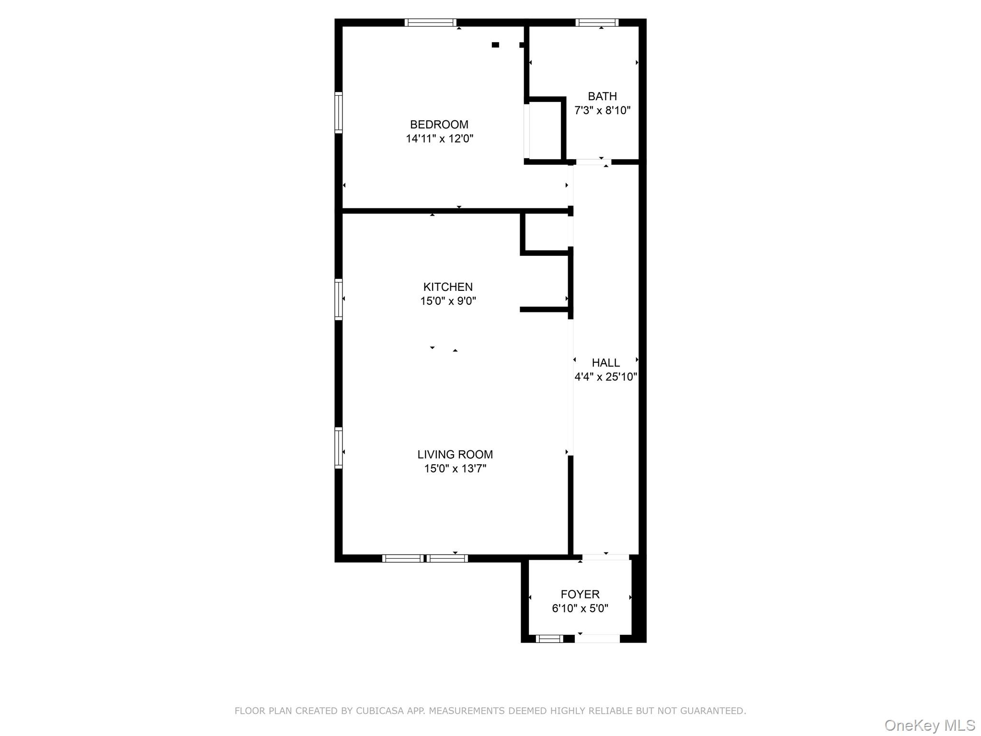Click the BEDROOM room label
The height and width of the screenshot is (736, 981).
439,125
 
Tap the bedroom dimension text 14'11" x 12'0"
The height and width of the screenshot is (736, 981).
439,139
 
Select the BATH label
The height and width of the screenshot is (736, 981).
602,96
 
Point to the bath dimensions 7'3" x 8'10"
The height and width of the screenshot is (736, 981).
602,111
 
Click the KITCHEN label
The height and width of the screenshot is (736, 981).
447,287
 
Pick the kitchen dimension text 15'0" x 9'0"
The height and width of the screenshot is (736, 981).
448,301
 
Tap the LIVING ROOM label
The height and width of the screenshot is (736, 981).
455,454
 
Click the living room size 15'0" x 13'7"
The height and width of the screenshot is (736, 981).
455,469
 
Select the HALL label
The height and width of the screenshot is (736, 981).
605,363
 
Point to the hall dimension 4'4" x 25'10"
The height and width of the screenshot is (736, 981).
605,377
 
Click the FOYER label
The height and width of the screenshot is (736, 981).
580,594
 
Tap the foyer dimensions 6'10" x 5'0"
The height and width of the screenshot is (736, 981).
580,609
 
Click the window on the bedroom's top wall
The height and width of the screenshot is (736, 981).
430,23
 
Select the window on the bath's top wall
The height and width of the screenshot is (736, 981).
596,23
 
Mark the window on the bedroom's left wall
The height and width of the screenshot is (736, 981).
338,112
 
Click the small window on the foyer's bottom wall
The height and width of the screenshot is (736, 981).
549,638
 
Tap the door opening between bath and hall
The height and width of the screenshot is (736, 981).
593,162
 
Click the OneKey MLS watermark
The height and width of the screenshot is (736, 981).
929,725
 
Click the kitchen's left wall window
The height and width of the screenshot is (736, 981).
338,299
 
